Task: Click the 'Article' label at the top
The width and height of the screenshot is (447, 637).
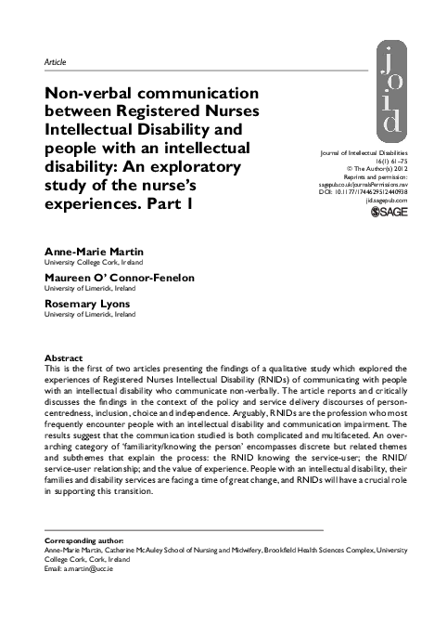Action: coord(55,61)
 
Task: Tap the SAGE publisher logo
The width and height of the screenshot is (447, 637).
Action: coord(388,213)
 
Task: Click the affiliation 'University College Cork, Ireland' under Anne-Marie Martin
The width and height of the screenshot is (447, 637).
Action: coord(93,263)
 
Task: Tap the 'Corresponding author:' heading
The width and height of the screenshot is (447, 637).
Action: coord(84,540)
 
